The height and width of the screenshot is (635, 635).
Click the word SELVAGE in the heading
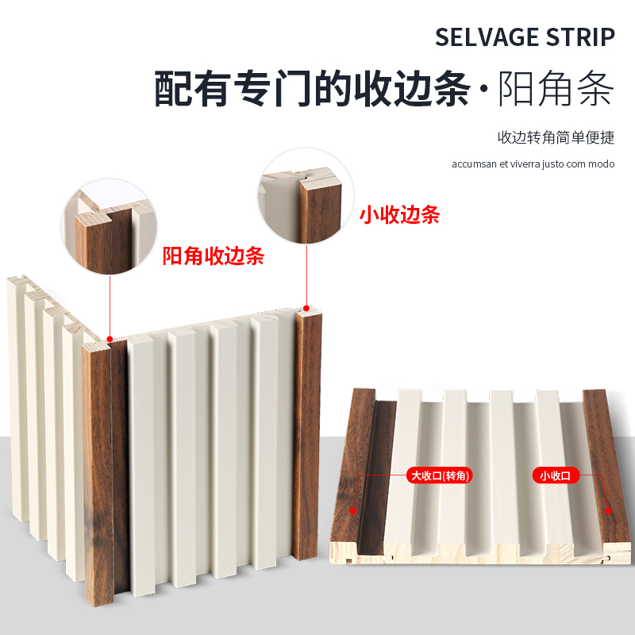tap(487, 37)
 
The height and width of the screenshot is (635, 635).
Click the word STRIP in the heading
tap(580, 37)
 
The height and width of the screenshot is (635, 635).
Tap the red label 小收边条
tap(400, 214)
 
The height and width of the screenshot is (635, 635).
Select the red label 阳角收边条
tap(214, 256)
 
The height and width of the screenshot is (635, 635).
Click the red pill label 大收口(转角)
tap(440, 475)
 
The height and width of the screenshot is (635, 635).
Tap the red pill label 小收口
tap(556, 475)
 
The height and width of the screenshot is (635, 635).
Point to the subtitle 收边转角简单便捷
tap(556, 137)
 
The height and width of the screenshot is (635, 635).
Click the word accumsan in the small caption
tap(474, 164)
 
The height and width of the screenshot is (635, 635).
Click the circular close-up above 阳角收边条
tap(109, 226)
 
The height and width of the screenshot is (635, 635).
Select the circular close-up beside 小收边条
tap(306, 195)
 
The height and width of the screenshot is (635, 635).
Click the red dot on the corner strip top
tap(110, 339)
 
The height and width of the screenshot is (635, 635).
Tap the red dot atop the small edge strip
tap(306, 309)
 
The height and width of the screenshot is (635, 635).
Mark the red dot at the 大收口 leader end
tap(352, 511)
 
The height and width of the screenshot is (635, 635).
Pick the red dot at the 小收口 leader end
tap(608, 511)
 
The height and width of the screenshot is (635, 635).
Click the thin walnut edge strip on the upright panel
tap(306, 435)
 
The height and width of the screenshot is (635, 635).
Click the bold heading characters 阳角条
tap(556, 88)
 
